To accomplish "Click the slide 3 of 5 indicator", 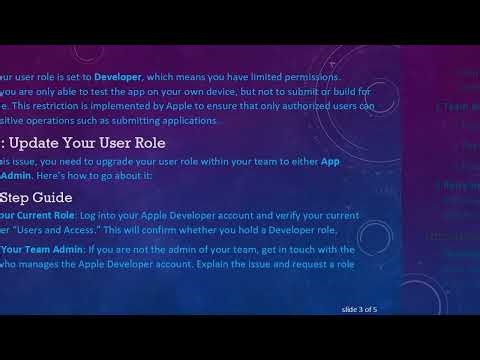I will pyautogui.click(x=360, y=309).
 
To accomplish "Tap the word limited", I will pyautogui.click(x=262, y=77).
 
